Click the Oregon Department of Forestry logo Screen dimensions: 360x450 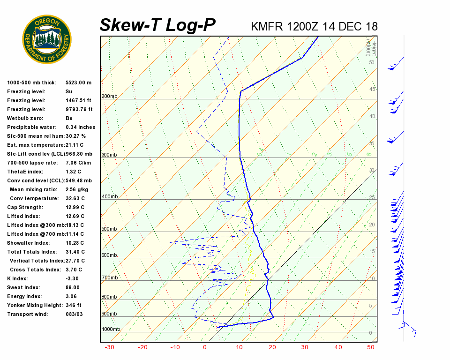click(x=47, y=39)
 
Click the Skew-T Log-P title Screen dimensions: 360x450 click(x=157, y=25)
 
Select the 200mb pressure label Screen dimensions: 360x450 click(x=109, y=97)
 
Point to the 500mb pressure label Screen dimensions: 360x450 click(x=109, y=229)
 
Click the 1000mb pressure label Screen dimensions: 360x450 click(x=111, y=330)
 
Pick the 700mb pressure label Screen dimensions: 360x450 click(x=109, y=278)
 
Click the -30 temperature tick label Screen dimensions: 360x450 click(x=109, y=347)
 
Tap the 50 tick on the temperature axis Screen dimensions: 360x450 click(x=370, y=347)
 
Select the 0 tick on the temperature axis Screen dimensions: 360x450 click(x=205, y=347)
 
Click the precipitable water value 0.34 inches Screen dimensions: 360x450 click(x=80, y=127)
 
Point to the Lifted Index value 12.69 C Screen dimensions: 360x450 click(x=75, y=216)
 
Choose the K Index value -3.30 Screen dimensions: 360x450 click(x=73, y=278)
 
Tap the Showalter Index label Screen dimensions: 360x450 click(x=28, y=243)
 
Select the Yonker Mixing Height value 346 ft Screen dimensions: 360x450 click(x=73, y=305)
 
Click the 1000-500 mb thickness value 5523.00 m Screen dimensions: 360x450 click(x=78, y=82)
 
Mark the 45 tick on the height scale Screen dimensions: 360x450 click(x=372, y=90)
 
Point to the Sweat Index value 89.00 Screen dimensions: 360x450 click(x=73, y=287)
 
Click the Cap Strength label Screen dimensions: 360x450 click(x=25, y=207)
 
